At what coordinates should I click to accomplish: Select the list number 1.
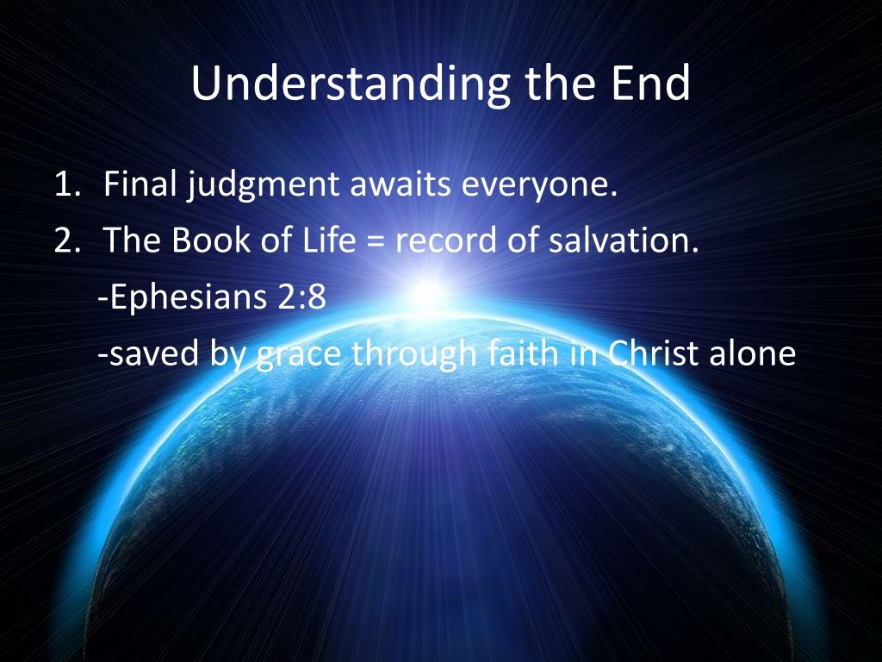67,184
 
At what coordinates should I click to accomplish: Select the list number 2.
67,241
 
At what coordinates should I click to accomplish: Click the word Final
140,184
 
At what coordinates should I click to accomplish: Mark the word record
446,241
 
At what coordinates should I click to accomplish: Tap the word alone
753,353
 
